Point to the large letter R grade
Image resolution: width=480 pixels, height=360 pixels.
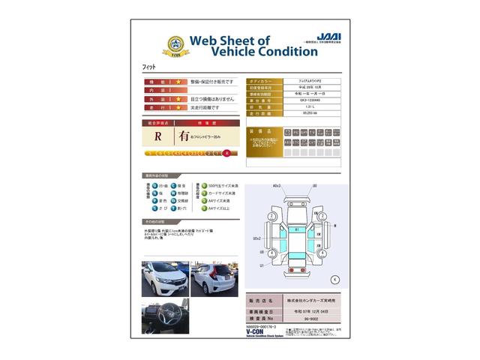coord(158,136)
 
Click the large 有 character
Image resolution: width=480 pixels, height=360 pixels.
coord(183,136)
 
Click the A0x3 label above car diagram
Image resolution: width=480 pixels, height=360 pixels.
coord(277,185)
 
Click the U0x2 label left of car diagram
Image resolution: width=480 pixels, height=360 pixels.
coord(257,238)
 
